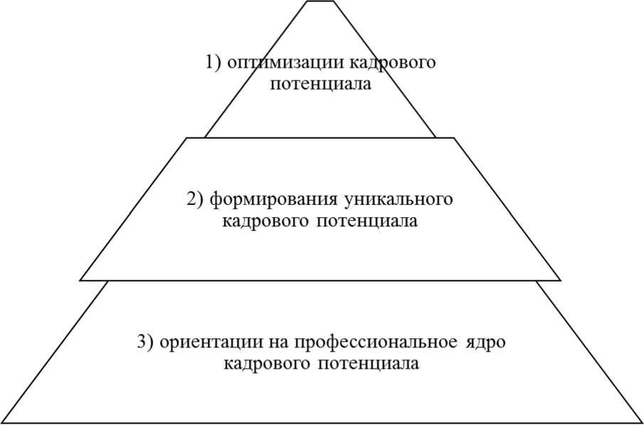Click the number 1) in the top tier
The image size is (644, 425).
pos(214,63)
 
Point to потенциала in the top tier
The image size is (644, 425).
pos(320,84)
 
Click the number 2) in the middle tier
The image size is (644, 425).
pos(196,199)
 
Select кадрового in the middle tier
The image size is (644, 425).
pos(265,221)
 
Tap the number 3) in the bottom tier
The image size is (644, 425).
pos(145,342)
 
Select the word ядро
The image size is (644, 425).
pos(487,342)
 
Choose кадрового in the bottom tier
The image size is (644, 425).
pos(265,363)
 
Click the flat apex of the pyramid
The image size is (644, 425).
pos(320,1)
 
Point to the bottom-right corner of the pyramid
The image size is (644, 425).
pos(641,422)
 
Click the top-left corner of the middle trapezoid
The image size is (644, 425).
pos(187,138)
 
